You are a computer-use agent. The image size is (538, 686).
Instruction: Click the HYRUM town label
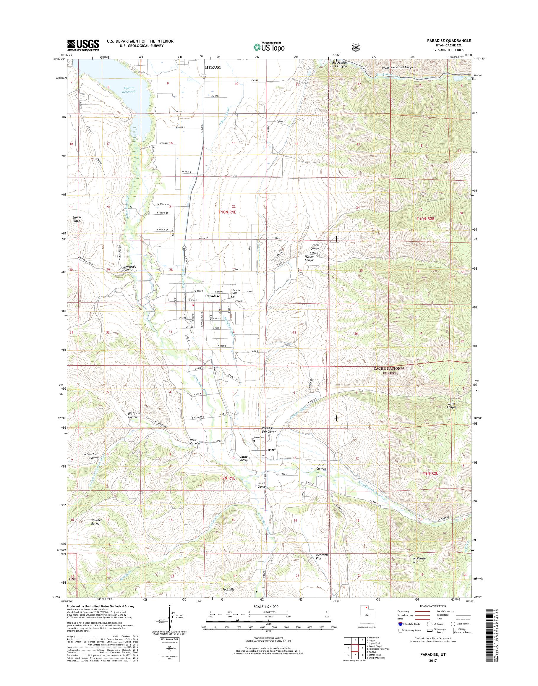point(213,67)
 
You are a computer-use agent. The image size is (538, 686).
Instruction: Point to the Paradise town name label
point(212,297)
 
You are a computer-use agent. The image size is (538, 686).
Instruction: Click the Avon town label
point(272,449)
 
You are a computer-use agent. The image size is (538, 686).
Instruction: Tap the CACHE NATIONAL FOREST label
point(389,370)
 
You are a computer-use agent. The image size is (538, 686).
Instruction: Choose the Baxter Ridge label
point(76,219)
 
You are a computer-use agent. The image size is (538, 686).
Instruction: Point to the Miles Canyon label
point(451,405)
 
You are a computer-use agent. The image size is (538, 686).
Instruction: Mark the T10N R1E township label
point(227,212)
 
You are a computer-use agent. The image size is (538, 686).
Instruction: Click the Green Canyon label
point(315,246)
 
